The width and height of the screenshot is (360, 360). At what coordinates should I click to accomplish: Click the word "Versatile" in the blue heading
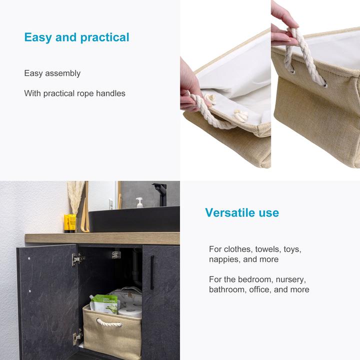[227, 212]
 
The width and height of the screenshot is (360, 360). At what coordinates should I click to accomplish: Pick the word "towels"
[268, 249]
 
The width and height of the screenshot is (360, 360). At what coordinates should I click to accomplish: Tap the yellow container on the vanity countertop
[70, 222]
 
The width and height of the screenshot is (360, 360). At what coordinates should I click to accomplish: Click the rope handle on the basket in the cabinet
[109, 323]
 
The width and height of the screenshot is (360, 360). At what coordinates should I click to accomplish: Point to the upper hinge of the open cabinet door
[77, 258]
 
